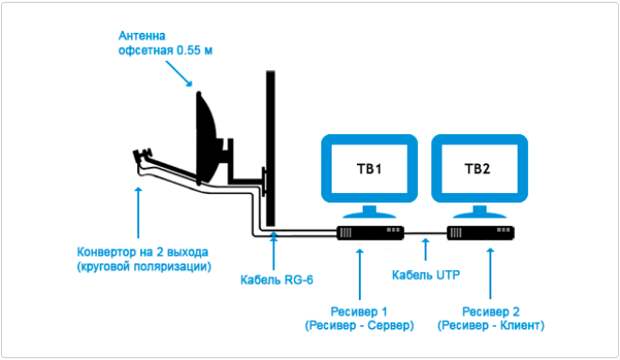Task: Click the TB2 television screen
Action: pyautogui.click(x=478, y=168)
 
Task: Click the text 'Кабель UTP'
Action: pyautogui.click(x=422, y=271)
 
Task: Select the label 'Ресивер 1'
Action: pyautogui.click(x=360, y=310)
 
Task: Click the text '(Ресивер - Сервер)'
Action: pyautogui.click(x=360, y=326)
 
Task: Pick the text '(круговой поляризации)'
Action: pyautogui.click(x=144, y=267)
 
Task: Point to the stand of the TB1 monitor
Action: pyautogui.click(x=369, y=211)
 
